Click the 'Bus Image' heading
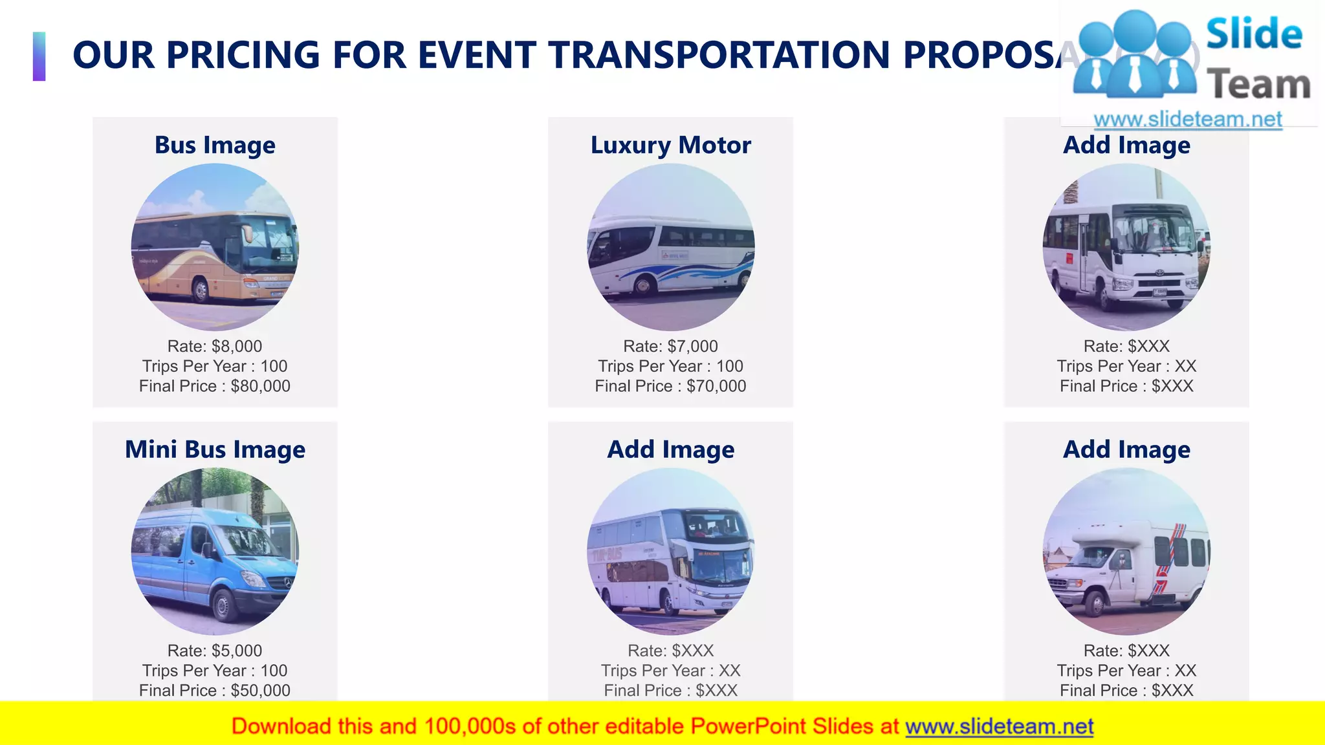(215, 145)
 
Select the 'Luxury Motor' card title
(671, 145)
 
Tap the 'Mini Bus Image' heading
(215, 449)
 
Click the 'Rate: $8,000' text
(215, 346)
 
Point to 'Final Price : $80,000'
(215, 386)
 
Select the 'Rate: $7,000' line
(671, 346)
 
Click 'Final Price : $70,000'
(671, 386)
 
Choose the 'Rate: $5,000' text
(215, 651)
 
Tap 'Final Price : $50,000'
(215, 691)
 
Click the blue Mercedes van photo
(215, 552)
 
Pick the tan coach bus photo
(215, 247)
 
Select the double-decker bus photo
(671, 552)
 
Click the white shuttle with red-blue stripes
(1126, 552)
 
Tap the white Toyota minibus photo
(1126, 247)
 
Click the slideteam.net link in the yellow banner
(999, 727)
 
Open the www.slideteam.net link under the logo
(1188, 119)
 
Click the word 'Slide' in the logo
(1254, 34)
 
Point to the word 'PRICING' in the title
(243, 55)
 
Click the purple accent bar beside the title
(39, 56)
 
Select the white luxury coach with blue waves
(671, 247)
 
